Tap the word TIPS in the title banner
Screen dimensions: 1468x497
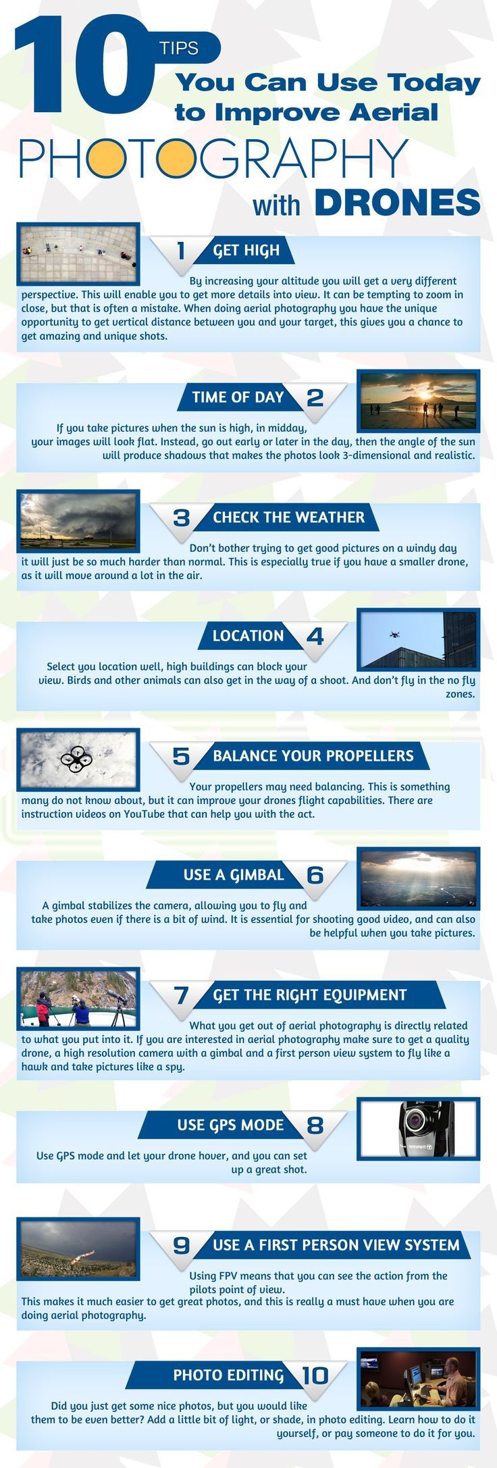[179, 48]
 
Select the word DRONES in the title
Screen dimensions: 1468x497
[397, 202]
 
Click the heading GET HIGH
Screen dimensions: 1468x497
[246, 251]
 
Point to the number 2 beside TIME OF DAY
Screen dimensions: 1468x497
[315, 397]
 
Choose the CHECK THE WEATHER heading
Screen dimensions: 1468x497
[288, 517]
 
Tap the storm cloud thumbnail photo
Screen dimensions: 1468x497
[78, 520]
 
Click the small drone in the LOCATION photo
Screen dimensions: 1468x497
[394, 634]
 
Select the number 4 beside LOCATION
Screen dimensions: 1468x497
[315, 636]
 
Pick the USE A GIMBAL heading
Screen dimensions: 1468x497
[234, 875]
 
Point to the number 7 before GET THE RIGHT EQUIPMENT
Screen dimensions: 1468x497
[181, 995]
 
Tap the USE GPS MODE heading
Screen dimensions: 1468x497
[230, 1125]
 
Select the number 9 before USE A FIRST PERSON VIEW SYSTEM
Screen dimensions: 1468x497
[181, 1245]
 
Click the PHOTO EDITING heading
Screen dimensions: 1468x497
[228, 1375]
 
